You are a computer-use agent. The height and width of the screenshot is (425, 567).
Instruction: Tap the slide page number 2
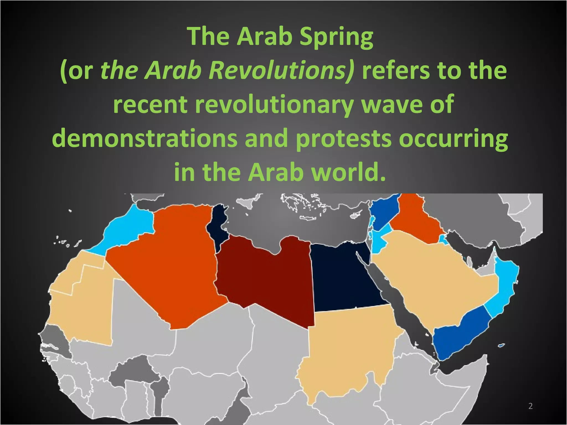point(530,406)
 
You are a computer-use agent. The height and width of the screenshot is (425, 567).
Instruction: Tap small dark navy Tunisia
point(217,224)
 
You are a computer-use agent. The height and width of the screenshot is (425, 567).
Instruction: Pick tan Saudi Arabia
point(432,279)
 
